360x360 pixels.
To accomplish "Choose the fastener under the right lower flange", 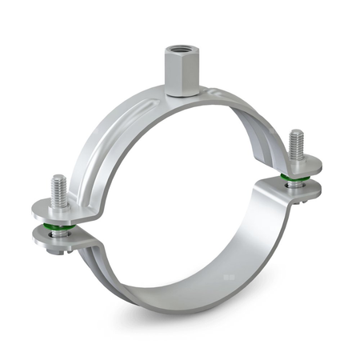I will click(x=303, y=200).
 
